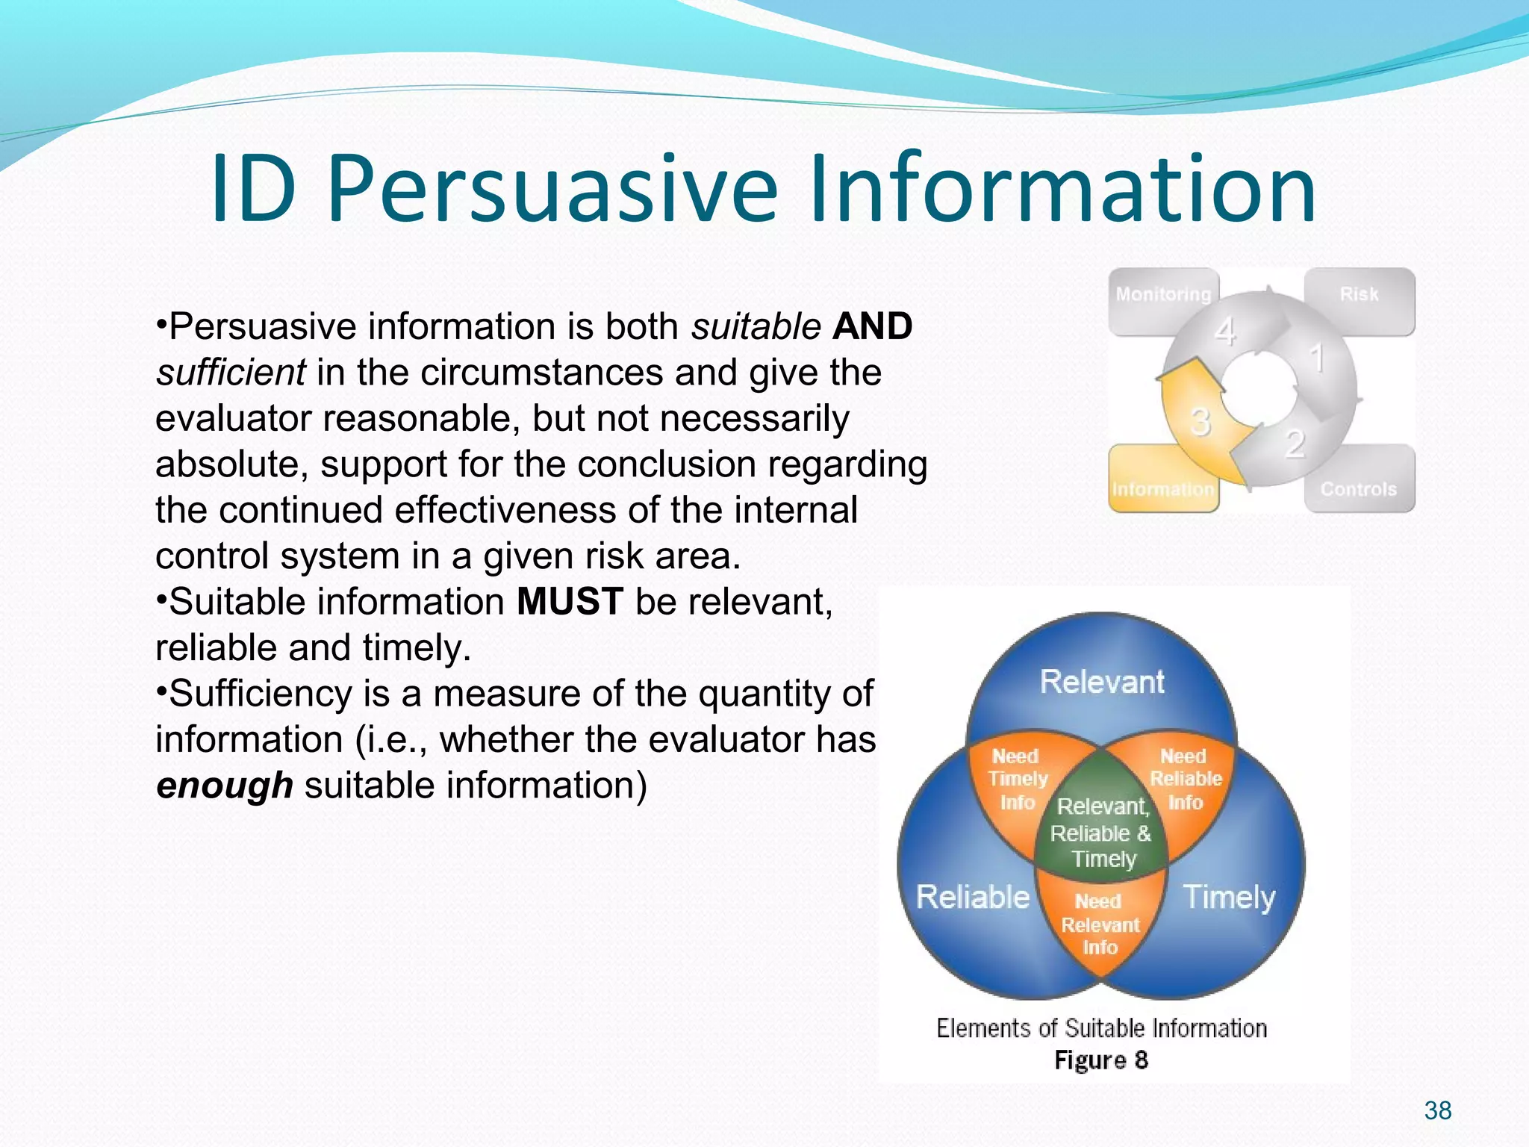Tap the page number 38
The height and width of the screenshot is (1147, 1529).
click(1437, 1110)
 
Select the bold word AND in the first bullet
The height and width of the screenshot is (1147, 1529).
click(872, 326)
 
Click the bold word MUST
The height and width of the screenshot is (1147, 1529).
click(570, 602)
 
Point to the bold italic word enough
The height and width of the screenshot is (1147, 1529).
click(225, 786)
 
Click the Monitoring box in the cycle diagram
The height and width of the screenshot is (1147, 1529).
click(1162, 295)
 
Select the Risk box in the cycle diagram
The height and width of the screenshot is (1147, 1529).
click(1359, 295)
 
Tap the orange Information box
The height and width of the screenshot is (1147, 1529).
click(1162, 489)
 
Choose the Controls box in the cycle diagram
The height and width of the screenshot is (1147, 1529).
click(1359, 489)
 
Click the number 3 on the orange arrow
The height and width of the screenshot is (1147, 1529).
click(1200, 423)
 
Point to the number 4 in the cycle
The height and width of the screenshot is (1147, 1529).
click(1224, 332)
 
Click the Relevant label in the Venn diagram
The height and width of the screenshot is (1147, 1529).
click(1102, 682)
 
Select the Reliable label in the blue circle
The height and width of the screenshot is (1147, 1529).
click(972, 897)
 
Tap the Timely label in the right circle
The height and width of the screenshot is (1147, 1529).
click(1229, 897)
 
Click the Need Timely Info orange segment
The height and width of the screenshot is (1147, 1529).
click(1017, 780)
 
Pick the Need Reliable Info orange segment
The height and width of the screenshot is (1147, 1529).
click(1185, 780)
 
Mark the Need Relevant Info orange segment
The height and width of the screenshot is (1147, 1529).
click(1100, 924)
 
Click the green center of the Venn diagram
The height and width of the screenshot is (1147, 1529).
click(1102, 833)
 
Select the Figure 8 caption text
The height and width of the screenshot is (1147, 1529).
click(1100, 1060)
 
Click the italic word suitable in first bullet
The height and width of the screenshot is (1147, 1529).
click(756, 326)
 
